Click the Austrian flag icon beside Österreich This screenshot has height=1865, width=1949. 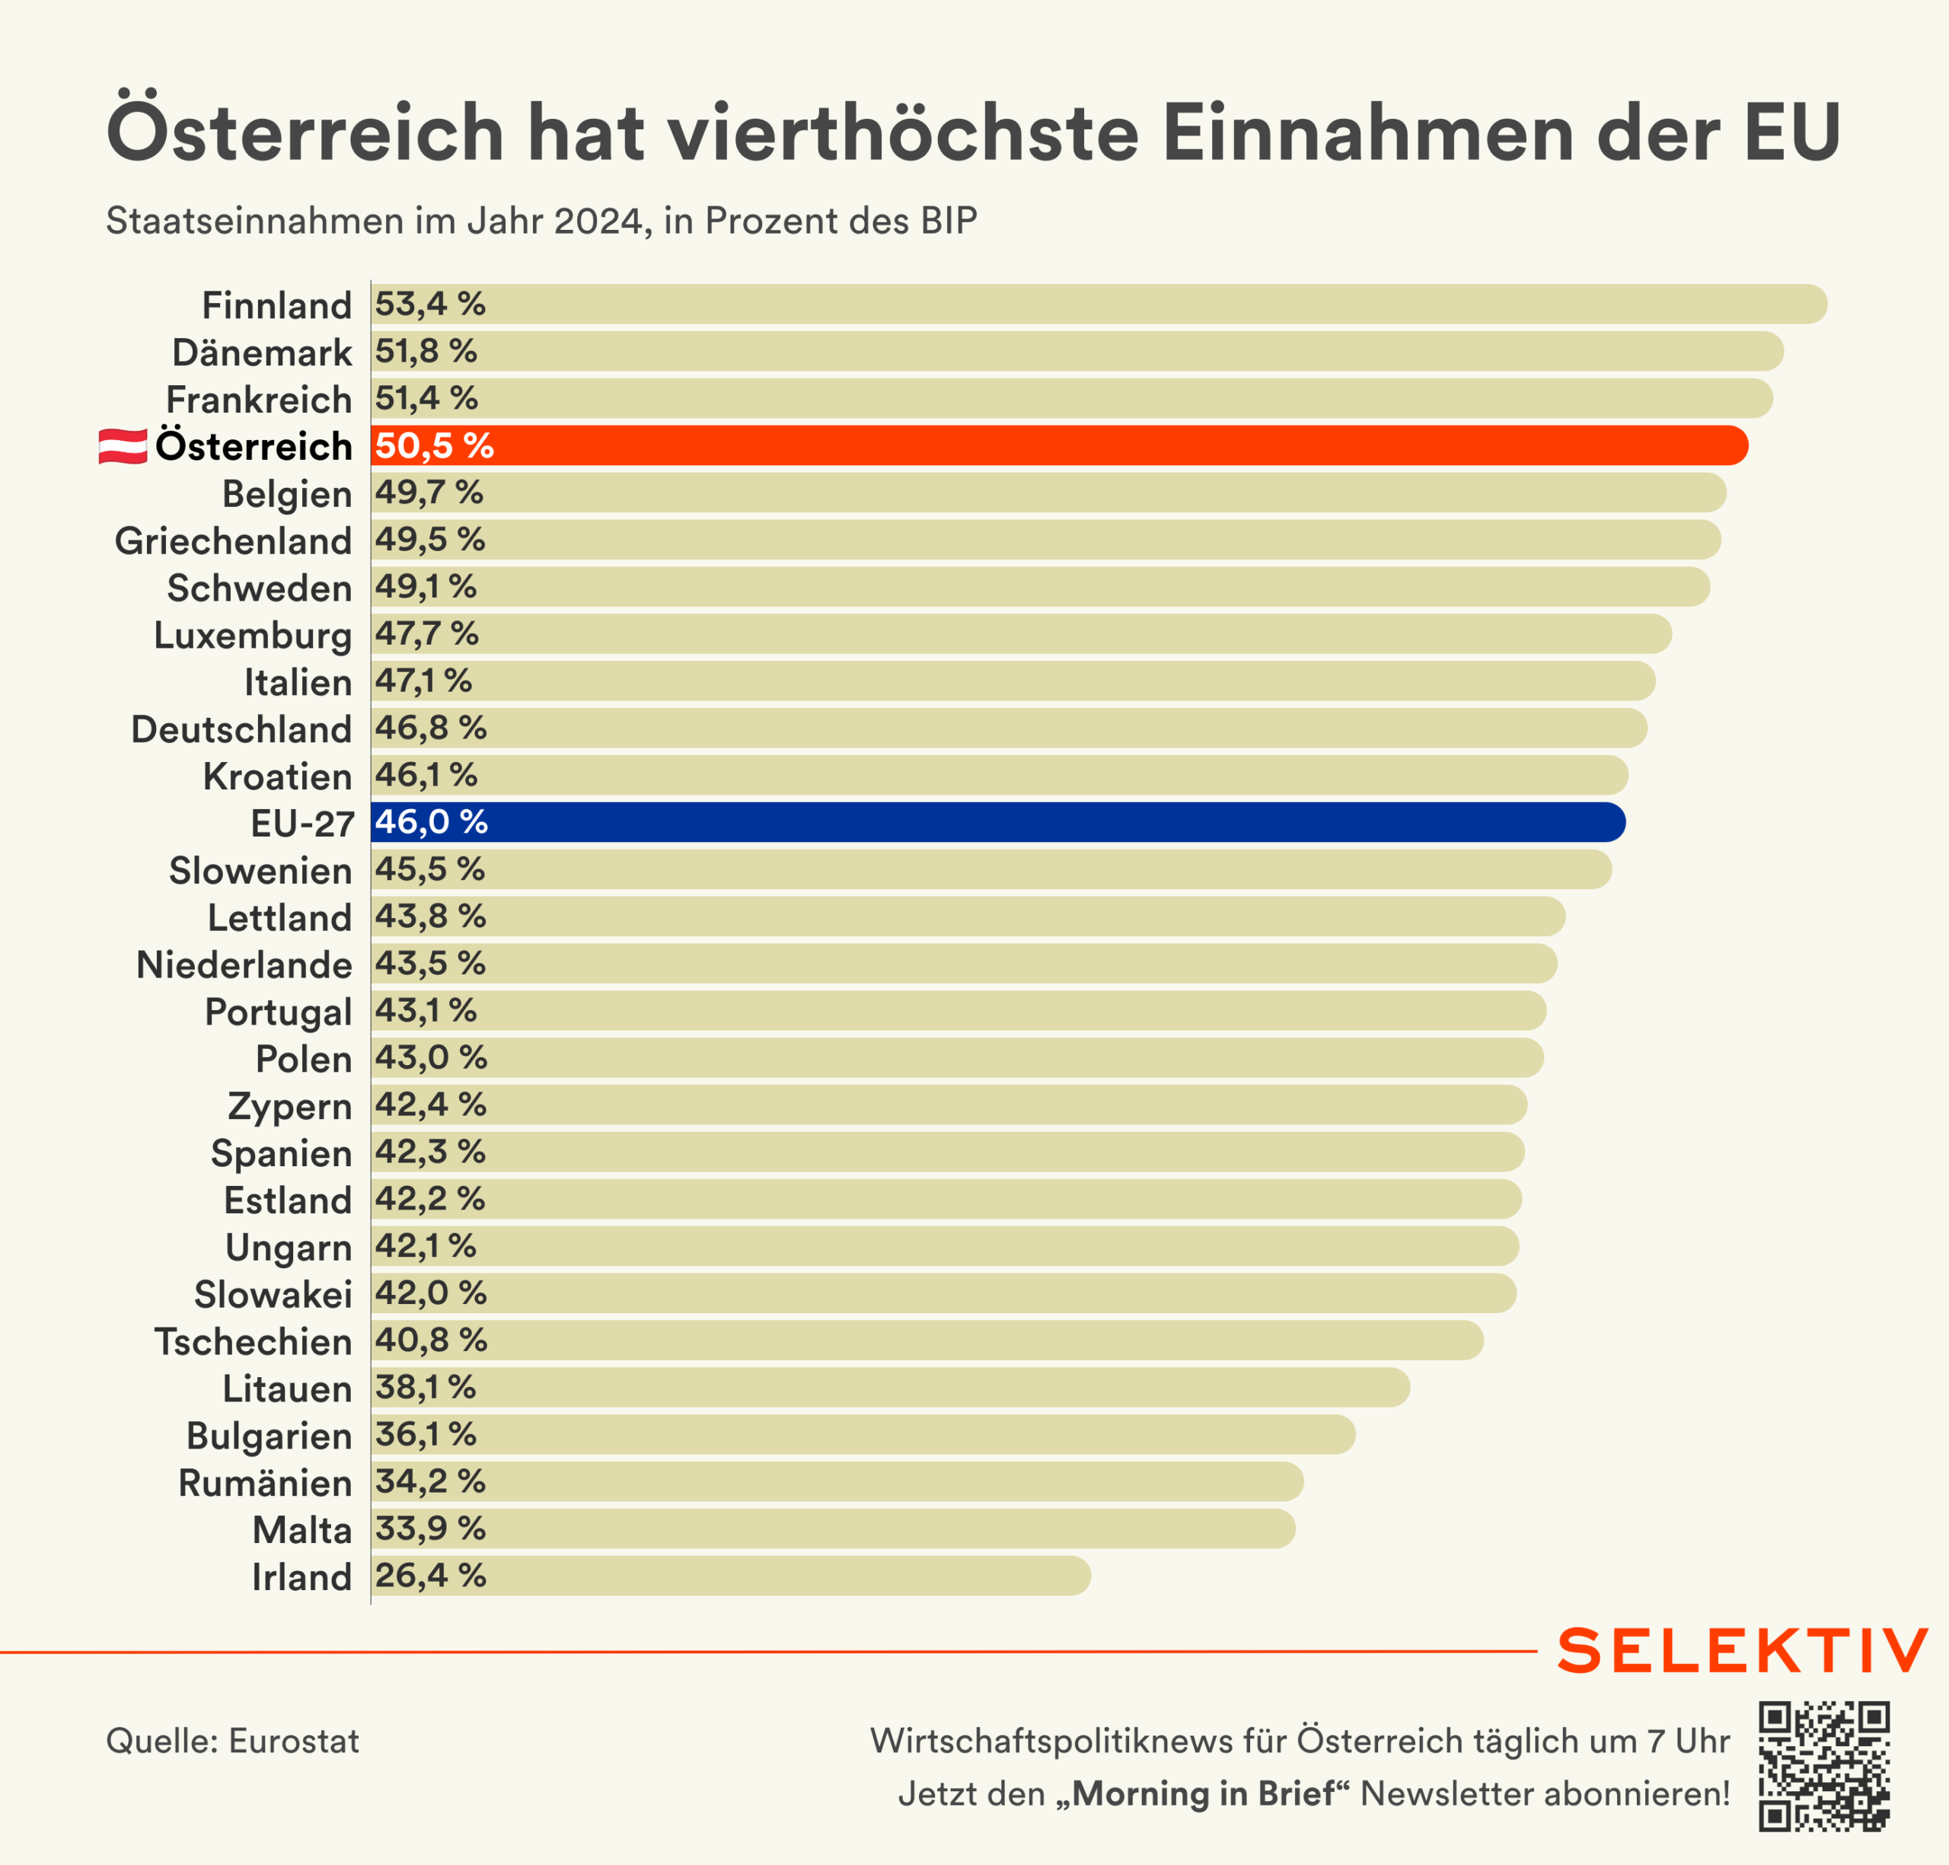pyautogui.click(x=123, y=446)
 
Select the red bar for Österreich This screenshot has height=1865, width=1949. pyautogui.click(x=1059, y=445)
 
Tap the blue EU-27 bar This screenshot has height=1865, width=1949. pyautogui.click(x=997, y=822)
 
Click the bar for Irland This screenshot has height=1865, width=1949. pyautogui.click(x=731, y=1576)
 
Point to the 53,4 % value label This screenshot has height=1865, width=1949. pyautogui.click(x=429, y=304)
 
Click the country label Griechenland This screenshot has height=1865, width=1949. pyautogui.click(x=234, y=540)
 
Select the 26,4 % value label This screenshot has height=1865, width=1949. pyautogui.click(x=429, y=1576)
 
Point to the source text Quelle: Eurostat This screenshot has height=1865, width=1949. pyautogui.click(x=233, y=1741)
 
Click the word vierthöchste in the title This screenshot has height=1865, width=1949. pyautogui.click(x=903, y=132)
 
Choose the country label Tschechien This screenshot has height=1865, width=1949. pyautogui.click(x=254, y=1342)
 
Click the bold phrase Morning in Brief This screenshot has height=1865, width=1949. pyautogui.click(x=1203, y=1793)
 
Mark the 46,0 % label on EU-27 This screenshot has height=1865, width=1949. pyautogui.click(x=431, y=822)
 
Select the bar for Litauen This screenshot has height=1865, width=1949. pyautogui.click(x=890, y=1388)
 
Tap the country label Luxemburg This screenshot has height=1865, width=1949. pyautogui.click(x=254, y=636)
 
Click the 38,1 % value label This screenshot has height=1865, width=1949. pyautogui.click(x=426, y=1388)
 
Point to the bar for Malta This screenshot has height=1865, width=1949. pyautogui.click(x=834, y=1529)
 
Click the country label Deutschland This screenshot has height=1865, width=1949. pyautogui.click(x=241, y=730)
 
